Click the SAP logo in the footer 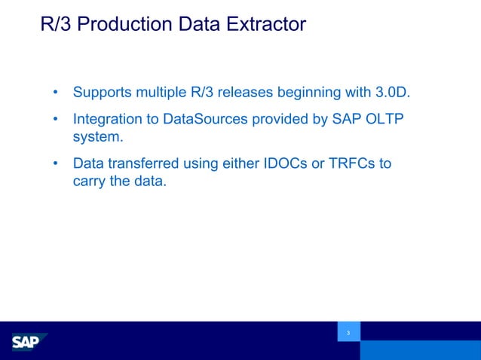29,343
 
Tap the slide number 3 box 348,332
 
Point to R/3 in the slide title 56,25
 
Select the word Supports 103,93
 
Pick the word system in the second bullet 97,137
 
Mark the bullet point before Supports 56,93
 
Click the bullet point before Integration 56,120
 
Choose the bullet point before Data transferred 56,163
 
